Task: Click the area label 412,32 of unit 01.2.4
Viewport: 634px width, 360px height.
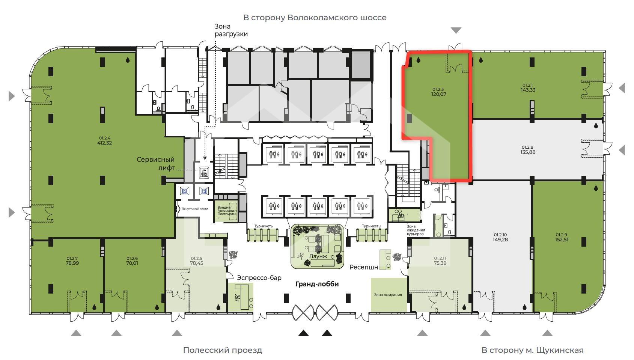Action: (104, 143)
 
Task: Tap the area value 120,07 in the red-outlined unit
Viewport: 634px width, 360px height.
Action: (439, 94)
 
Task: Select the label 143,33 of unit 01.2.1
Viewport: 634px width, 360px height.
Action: (528, 90)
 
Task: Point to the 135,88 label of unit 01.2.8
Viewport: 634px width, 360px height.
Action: (528, 152)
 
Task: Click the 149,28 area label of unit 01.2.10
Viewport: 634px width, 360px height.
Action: (500, 240)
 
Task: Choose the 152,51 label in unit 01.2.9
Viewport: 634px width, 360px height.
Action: (562, 240)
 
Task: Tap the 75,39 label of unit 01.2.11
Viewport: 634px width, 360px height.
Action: (440, 263)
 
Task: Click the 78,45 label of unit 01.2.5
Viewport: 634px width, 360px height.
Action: (196, 263)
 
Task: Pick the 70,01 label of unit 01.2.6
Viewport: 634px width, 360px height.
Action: (132, 263)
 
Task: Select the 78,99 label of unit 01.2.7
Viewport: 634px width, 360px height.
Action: (72, 263)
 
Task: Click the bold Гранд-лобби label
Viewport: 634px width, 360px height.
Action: (317, 284)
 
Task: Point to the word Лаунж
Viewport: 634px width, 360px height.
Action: (318, 256)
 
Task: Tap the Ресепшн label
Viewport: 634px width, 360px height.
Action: (364, 267)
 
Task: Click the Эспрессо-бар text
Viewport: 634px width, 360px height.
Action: (259, 278)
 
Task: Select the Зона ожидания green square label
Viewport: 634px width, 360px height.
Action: (388, 295)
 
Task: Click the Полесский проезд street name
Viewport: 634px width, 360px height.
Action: (223, 350)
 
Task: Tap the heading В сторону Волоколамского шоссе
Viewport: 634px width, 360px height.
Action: (315, 18)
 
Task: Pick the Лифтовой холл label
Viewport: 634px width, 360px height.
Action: (195, 209)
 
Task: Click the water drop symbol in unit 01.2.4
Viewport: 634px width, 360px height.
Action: (128, 60)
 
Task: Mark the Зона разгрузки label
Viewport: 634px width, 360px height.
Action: (231, 30)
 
